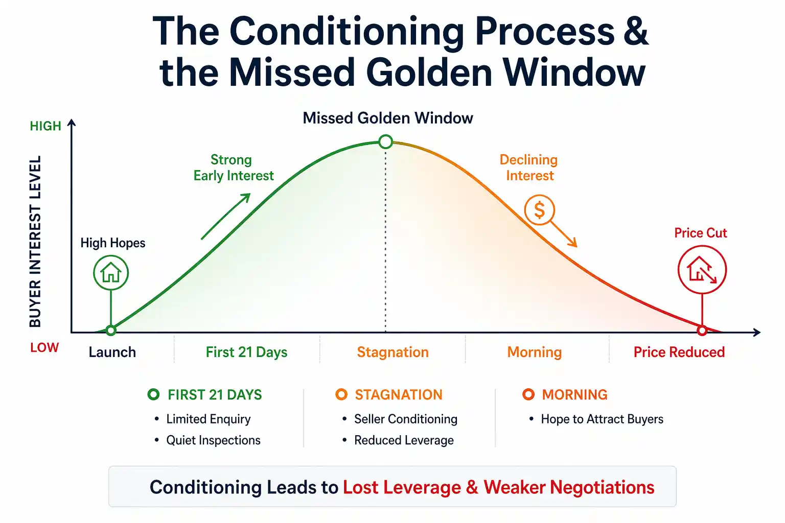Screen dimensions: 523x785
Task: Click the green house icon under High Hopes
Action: pos(111,273)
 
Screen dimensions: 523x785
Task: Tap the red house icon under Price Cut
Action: pos(702,270)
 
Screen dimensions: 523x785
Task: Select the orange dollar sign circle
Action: pos(539,210)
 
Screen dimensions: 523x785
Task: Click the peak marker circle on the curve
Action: pos(386,141)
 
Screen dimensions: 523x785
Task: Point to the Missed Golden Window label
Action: pos(387,118)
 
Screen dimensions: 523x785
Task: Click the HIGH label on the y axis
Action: pos(45,126)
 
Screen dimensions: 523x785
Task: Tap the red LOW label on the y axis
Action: pos(44,348)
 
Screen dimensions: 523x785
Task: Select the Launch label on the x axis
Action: pos(112,352)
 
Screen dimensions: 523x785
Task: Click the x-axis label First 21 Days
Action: pos(246,352)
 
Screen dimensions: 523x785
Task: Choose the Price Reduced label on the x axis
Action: pos(679,352)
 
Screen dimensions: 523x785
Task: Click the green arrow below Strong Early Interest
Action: pos(225,217)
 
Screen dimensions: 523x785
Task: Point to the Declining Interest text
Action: pos(529,168)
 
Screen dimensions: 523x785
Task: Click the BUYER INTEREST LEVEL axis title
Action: pos(35,241)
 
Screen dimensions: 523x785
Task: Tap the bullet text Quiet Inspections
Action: pos(213,440)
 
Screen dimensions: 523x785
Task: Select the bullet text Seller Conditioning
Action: pos(405,419)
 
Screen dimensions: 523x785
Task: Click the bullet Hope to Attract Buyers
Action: pos(602,419)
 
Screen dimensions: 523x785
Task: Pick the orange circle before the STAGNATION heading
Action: pos(341,394)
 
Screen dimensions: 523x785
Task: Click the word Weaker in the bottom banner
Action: pos(514,487)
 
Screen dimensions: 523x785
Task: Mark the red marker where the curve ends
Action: pos(702,330)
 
